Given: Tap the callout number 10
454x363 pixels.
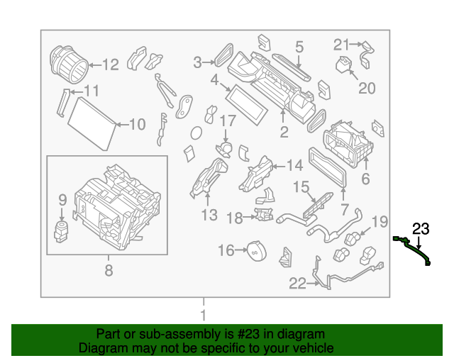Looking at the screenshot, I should (x=136, y=125).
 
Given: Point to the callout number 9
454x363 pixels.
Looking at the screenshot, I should (x=62, y=200).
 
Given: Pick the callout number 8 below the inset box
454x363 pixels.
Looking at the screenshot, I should (x=109, y=269).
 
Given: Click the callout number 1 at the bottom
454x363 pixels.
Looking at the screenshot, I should (x=203, y=315).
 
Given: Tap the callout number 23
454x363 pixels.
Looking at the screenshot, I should (x=421, y=228).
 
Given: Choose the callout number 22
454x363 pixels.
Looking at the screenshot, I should (x=297, y=284).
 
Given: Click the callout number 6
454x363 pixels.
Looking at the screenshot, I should (x=365, y=179).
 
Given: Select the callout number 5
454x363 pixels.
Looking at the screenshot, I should (x=299, y=48).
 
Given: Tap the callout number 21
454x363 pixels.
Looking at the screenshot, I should (x=342, y=44).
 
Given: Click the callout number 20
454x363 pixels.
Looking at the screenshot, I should (x=366, y=88).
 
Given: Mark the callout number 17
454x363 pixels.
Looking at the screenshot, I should (x=226, y=121).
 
